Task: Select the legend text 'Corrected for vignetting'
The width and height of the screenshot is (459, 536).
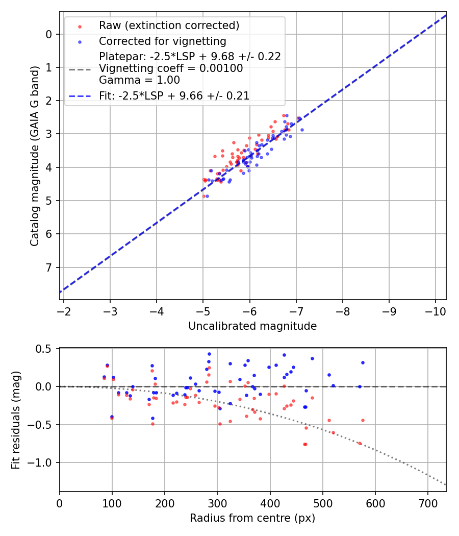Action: click(x=162, y=41)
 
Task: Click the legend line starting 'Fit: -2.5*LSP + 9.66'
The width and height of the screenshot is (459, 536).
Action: click(x=174, y=95)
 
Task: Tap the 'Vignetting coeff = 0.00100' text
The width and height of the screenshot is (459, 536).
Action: click(x=171, y=68)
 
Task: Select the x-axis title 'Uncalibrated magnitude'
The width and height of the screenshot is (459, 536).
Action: click(x=252, y=326)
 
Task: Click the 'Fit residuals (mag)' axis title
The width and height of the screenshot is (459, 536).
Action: click(x=16, y=420)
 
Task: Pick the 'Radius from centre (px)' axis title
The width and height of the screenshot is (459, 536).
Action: click(x=252, y=518)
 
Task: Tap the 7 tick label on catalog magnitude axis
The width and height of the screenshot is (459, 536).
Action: click(x=49, y=267)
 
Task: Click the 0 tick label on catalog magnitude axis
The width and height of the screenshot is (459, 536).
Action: click(x=49, y=34)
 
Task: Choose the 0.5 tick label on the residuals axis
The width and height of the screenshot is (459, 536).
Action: click(x=45, y=349)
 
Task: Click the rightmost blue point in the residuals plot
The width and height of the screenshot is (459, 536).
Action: click(x=363, y=362)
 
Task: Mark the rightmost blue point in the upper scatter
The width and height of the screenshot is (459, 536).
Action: click(x=302, y=130)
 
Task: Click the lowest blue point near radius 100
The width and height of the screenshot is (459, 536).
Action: click(x=112, y=417)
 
